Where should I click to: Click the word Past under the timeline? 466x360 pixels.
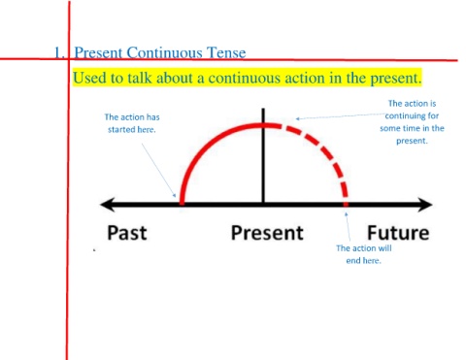(x=127, y=233)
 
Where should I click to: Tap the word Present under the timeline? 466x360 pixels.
(x=267, y=233)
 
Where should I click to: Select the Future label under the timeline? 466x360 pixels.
(x=398, y=233)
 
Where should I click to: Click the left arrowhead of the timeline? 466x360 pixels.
(x=108, y=205)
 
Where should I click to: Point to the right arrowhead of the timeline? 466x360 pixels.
(x=425, y=205)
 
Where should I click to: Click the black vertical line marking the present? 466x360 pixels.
(x=263, y=156)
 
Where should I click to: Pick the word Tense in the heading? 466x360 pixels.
(x=226, y=52)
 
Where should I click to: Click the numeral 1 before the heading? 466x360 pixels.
(x=57, y=52)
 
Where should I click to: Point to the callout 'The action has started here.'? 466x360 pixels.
(x=132, y=123)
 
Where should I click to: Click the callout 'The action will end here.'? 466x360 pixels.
(x=364, y=254)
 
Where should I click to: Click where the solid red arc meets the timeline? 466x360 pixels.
(x=182, y=204)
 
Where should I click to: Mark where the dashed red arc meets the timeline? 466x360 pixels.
(x=346, y=204)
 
